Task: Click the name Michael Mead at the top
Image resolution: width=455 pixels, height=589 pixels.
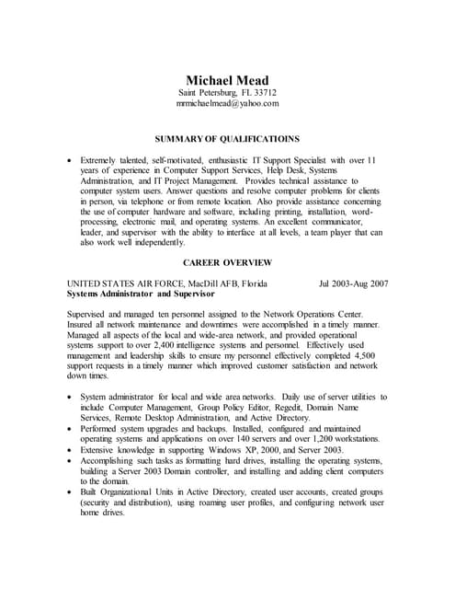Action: coord(227,79)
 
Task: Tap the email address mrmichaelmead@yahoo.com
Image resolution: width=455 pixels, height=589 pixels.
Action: coord(227,104)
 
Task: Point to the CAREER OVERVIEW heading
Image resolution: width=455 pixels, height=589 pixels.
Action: coord(227,261)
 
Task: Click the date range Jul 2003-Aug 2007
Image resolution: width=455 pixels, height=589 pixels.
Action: coord(353,283)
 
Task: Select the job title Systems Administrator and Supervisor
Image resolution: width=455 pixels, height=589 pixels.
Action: coord(142,294)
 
